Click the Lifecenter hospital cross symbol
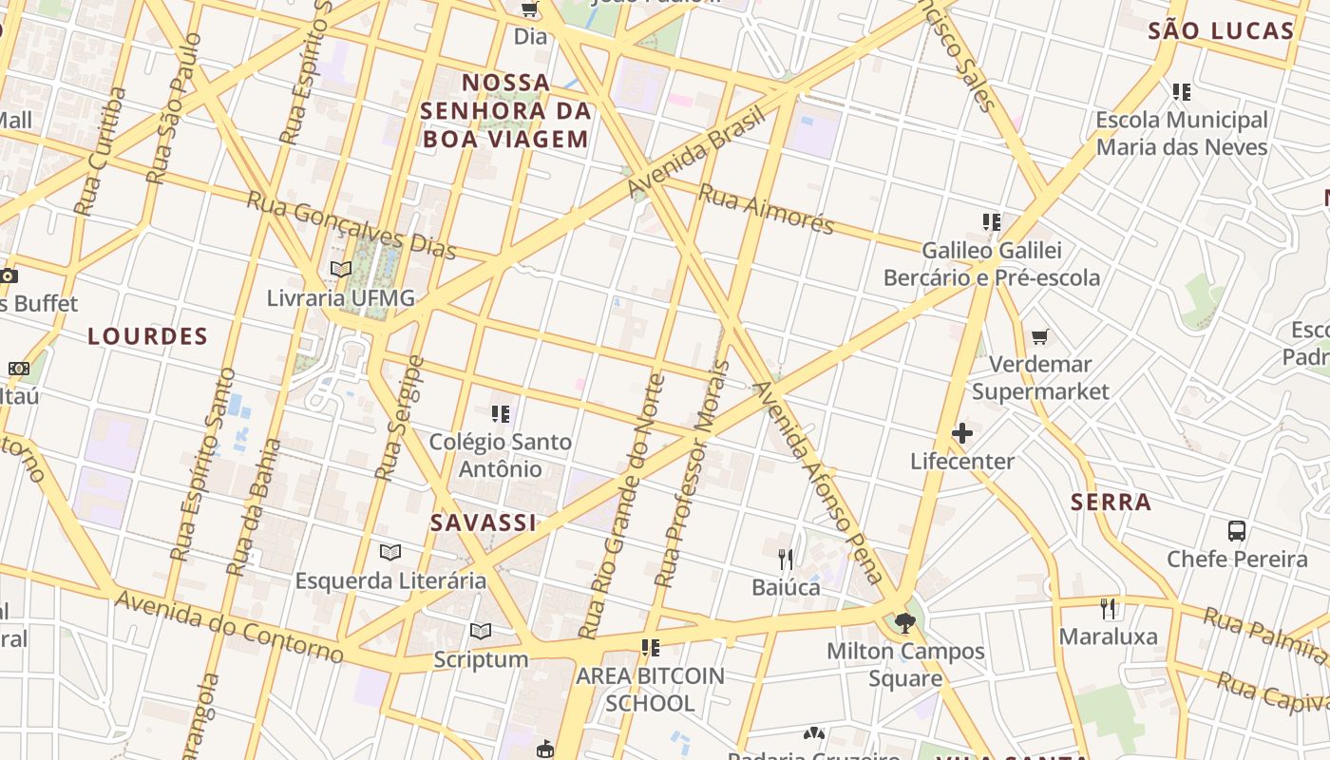pyautogui.click(x=961, y=434)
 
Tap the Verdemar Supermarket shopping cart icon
pyautogui.click(x=1040, y=337)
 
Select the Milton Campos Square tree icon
pyautogui.click(x=904, y=623)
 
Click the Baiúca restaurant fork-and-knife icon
pyautogui.click(x=786, y=559)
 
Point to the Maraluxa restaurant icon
pyautogui.click(x=1108, y=608)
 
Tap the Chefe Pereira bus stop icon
pyautogui.click(x=1236, y=531)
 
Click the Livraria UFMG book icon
pyautogui.click(x=341, y=270)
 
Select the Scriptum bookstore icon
pyautogui.click(x=481, y=631)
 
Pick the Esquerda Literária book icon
pyautogui.click(x=389, y=552)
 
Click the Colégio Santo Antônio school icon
pyautogui.click(x=501, y=413)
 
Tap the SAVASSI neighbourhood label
pyautogui.click(x=484, y=522)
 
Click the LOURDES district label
pyautogui.click(x=147, y=336)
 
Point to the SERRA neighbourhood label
pyautogui.click(x=1111, y=503)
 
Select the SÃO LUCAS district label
pyautogui.click(x=1221, y=31)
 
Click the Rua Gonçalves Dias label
pyautogui.click(x=351, y=225)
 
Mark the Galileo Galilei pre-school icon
pyautogui.click(x=992, y=222)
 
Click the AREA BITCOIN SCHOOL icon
pyautogui.click(x=651, y=648)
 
